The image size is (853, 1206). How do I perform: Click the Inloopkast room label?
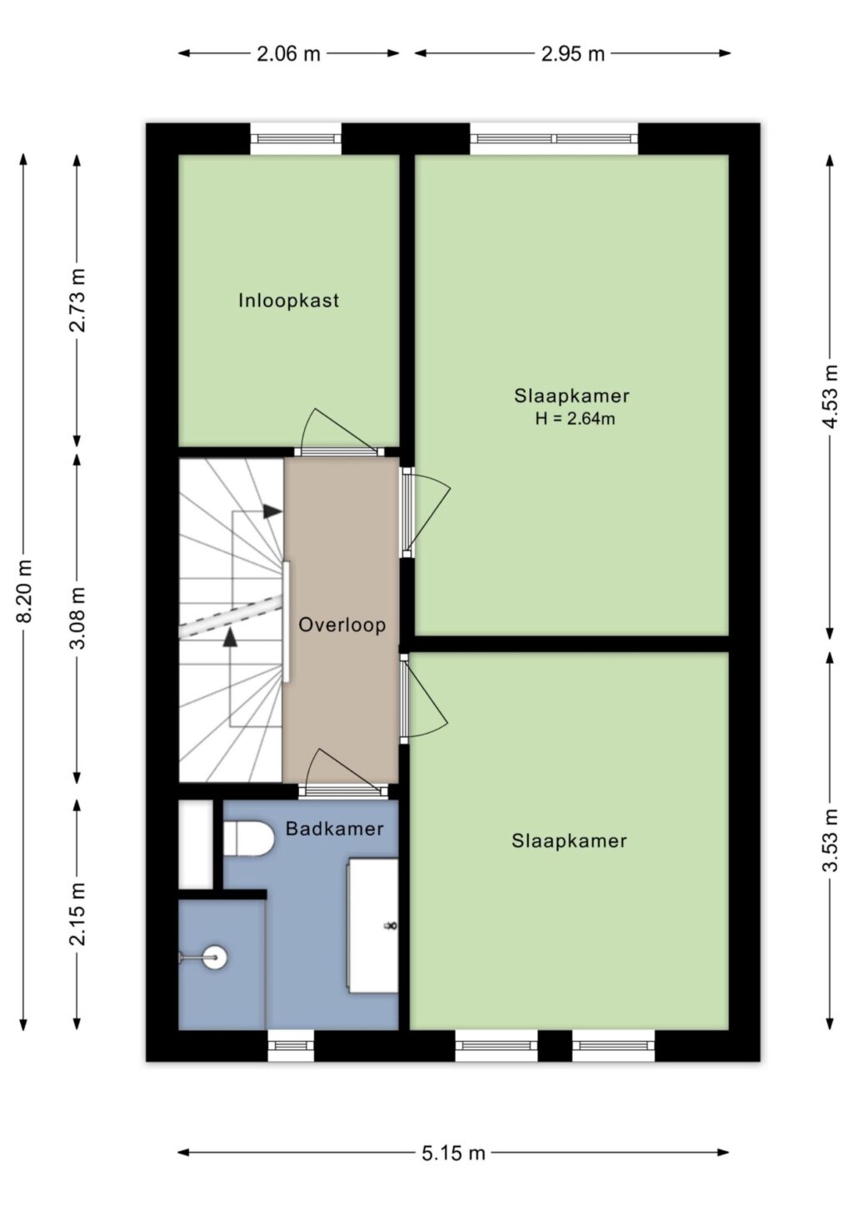(289, 300)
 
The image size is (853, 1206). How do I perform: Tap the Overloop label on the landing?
(342, 625)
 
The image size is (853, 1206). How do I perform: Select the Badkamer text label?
(334, 829)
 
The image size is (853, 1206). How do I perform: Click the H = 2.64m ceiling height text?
(575, 418)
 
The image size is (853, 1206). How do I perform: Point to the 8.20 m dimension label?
(25, 591)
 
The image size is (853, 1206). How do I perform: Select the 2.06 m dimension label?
(288, 54)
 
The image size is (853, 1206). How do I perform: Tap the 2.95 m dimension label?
(573, 54)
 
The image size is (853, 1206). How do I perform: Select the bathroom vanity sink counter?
(373, 925)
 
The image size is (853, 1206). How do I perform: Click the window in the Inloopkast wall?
(296, 139)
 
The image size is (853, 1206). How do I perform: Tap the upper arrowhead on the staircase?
(272, 511)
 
